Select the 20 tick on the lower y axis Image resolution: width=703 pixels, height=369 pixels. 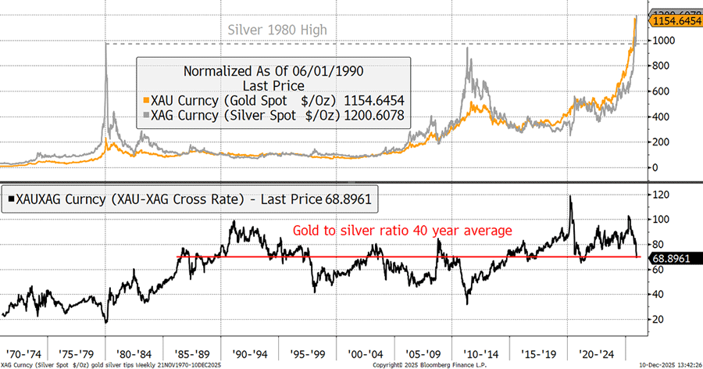coord(661,319)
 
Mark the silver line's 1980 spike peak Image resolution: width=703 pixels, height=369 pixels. coord(105,44)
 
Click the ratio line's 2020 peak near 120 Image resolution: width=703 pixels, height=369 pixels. coord(571,196)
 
